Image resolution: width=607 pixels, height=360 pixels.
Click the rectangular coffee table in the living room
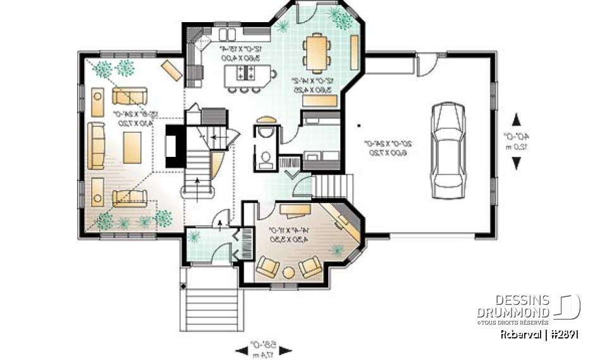133,147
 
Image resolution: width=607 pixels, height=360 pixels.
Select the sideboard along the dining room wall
354,53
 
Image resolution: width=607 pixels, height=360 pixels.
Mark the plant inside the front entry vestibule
195,237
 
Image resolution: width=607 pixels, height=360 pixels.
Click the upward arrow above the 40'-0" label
517,120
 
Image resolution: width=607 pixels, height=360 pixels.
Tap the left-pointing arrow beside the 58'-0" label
242,350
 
